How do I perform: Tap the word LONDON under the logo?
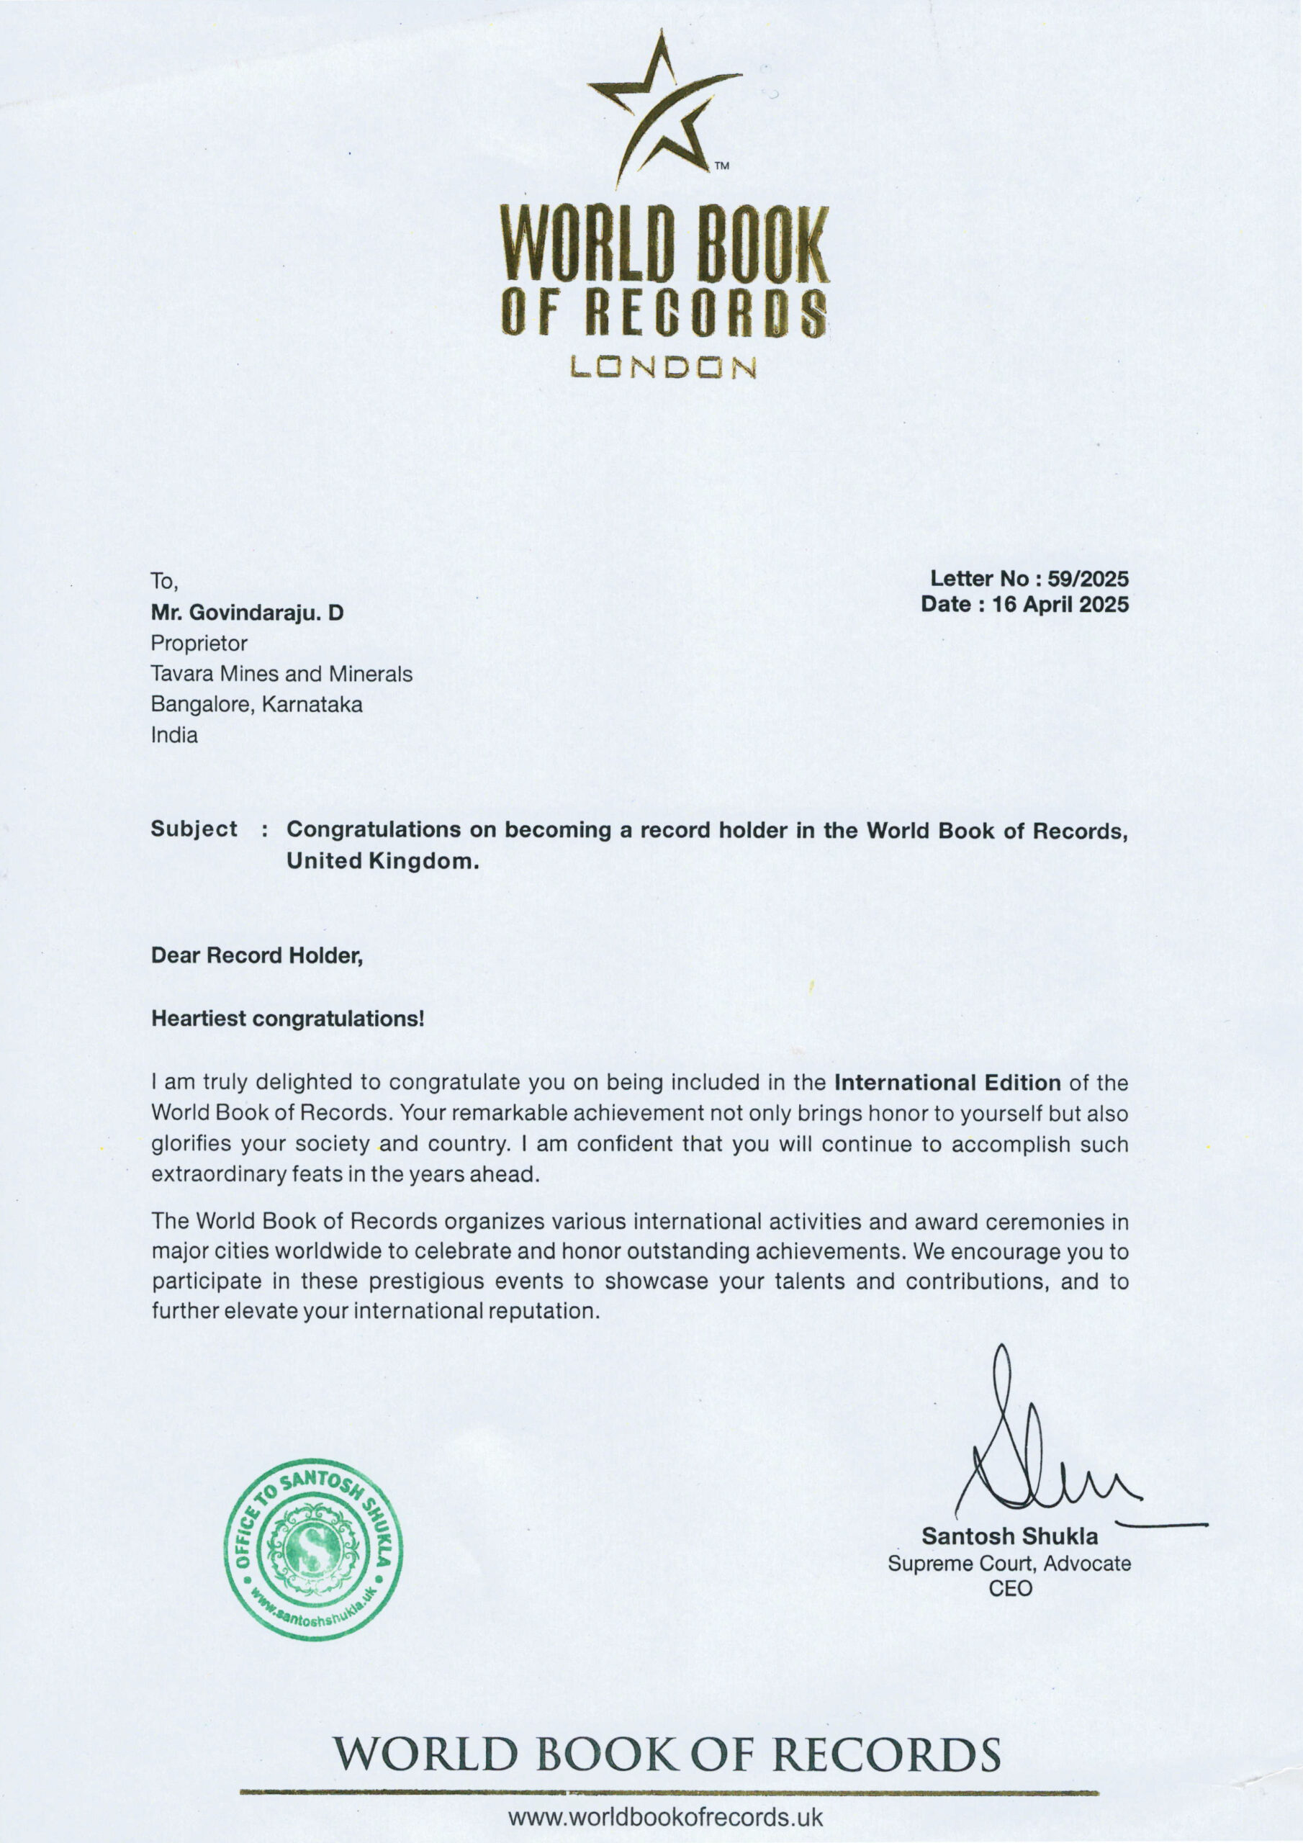click(x=663, y=368)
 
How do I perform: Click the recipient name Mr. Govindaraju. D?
click(x=247, y=613)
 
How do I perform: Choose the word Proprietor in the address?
click(x=199, y=644)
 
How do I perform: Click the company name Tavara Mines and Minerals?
click(x=281, y=675)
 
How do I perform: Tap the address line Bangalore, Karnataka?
click(x=257, y=705)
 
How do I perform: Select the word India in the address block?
click(x=174, y=735)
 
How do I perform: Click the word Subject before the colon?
click(x=194, y=829)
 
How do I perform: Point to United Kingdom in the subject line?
click(x=382, y=861)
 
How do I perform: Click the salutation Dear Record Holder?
click(x=257, y=955)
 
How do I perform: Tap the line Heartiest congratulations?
click(x=287, y=1019)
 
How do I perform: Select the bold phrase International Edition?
click(x=947, y=1083)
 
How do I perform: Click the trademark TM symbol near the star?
click(x=722, y=167)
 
